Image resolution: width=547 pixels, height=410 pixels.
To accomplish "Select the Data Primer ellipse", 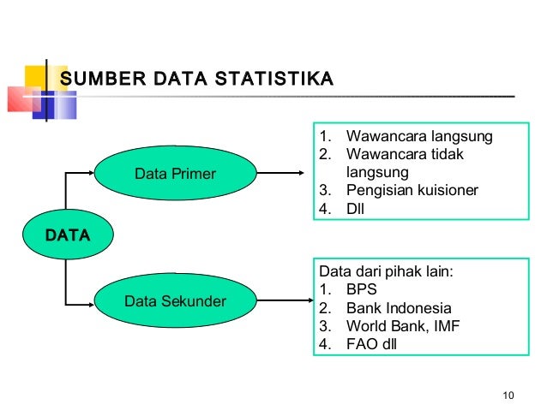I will coord(176,175).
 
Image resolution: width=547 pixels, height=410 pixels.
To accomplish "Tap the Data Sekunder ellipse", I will coord(176,301).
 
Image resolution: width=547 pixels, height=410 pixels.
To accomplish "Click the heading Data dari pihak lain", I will coord(385,273).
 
